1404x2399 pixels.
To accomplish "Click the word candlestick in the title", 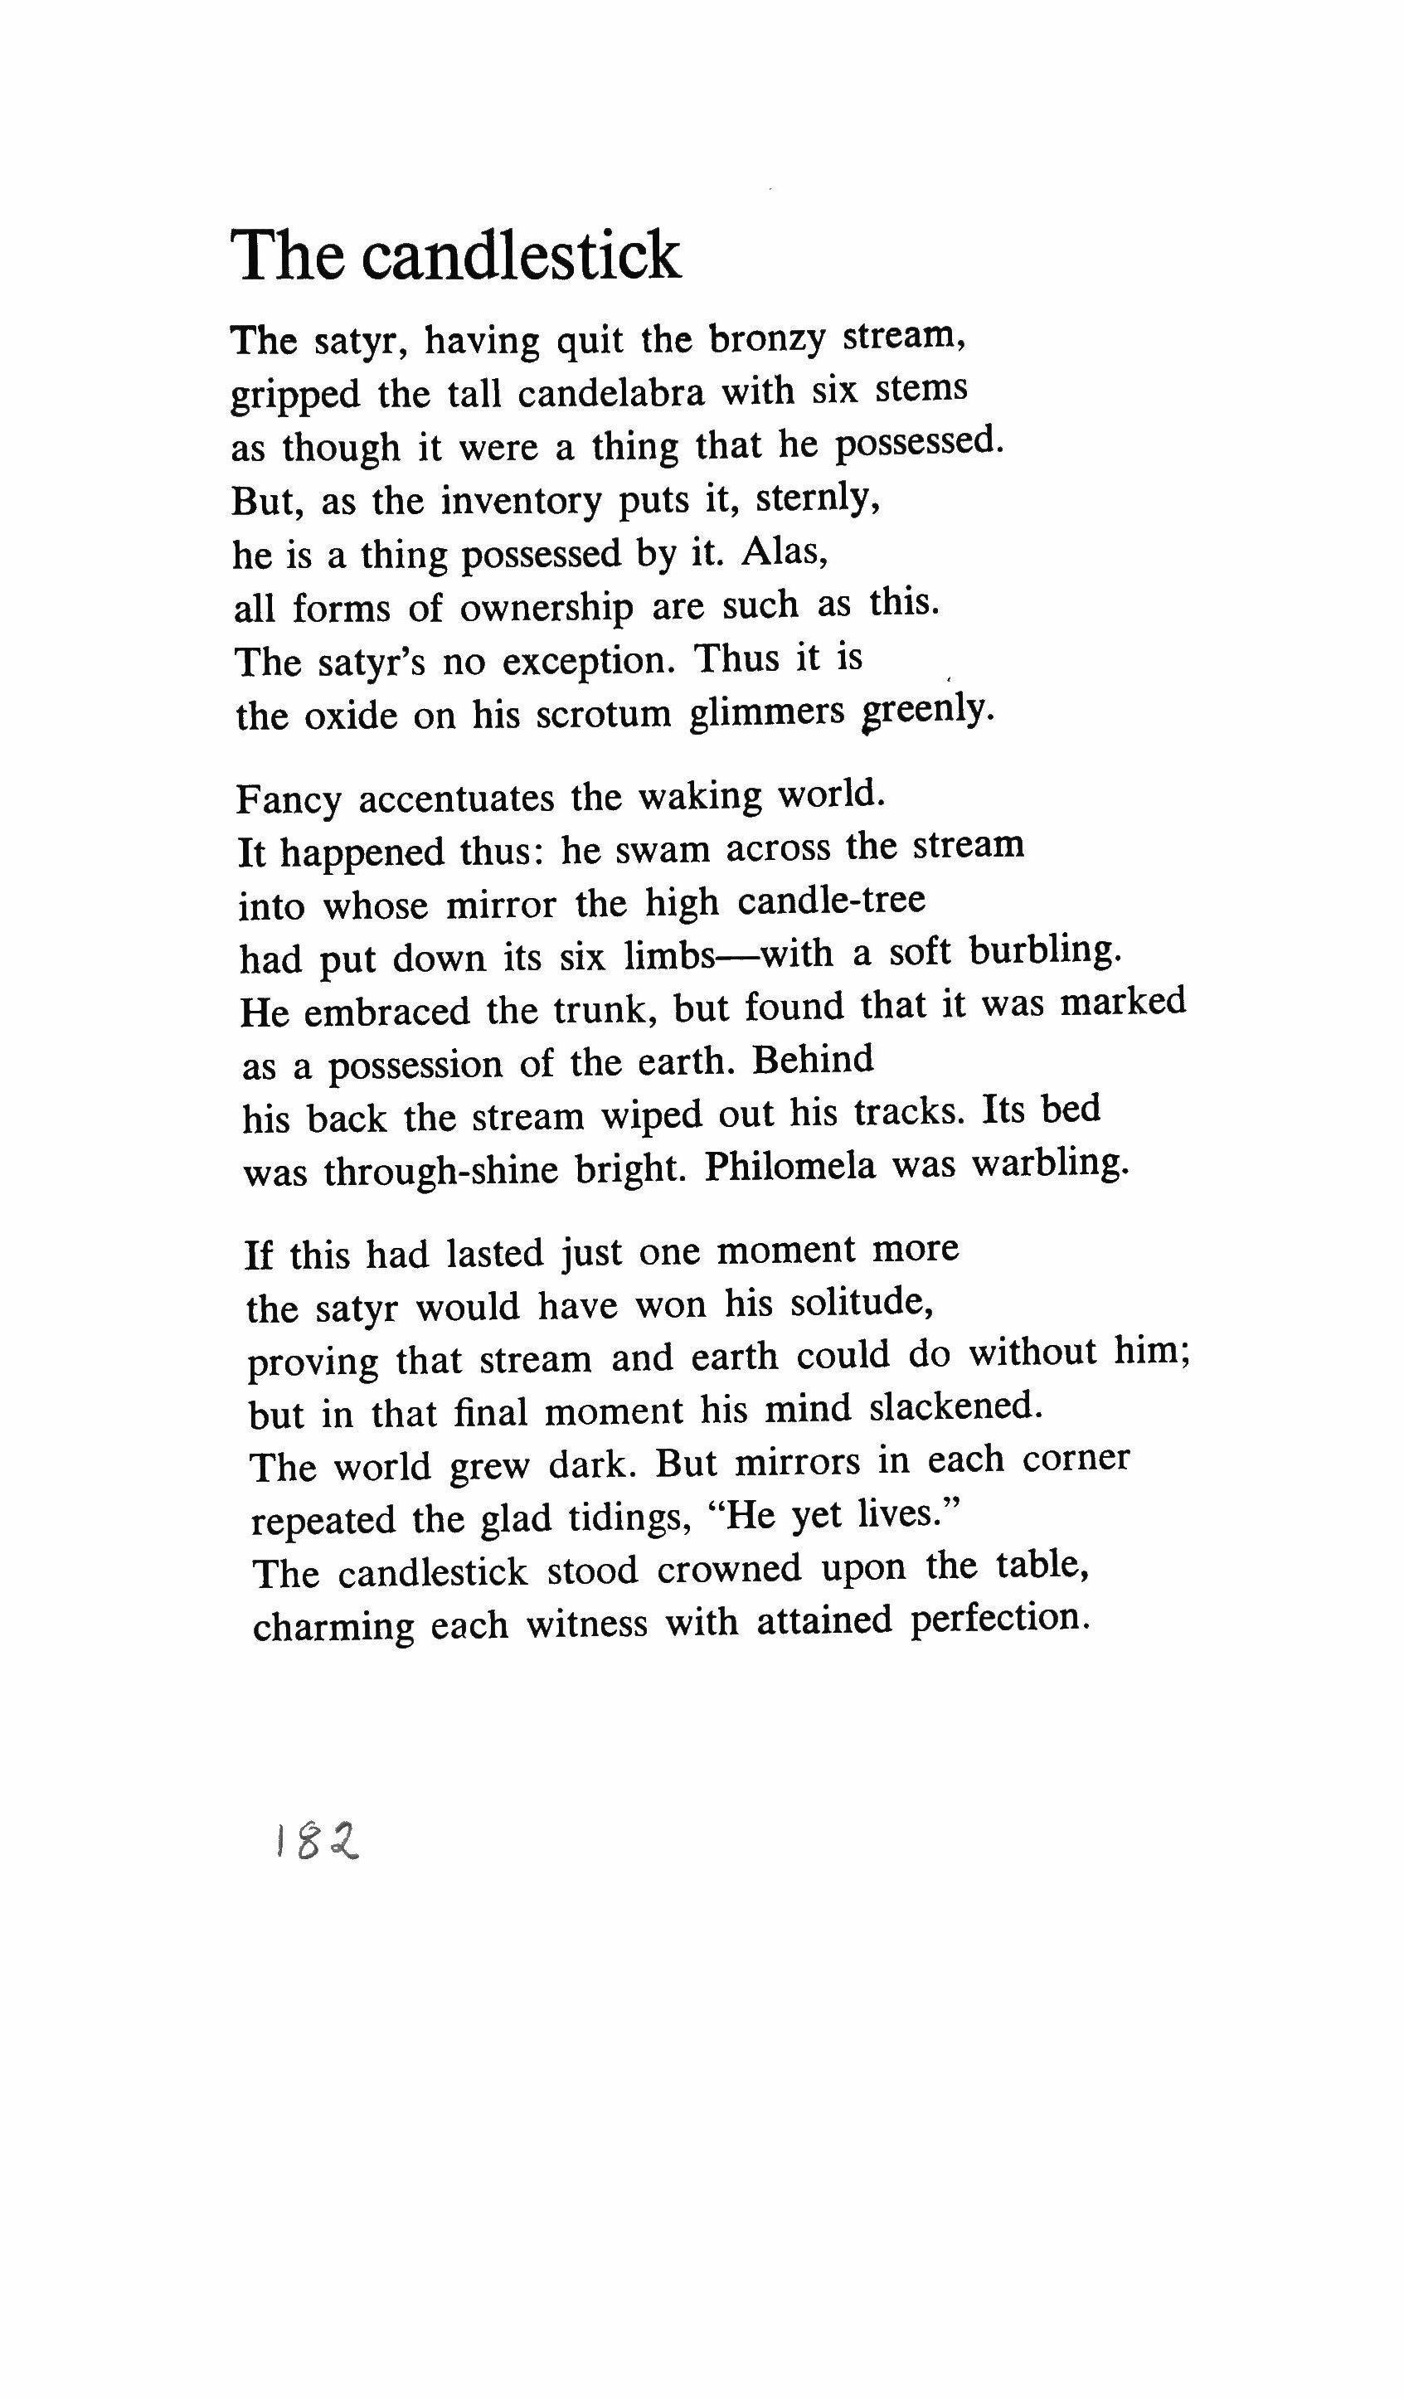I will [x=522, y=255].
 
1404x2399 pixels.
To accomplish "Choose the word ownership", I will [x=547, y=607].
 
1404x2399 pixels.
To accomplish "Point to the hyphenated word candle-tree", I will [x=831, y=900].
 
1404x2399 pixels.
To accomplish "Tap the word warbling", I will [x=1050, y=1163].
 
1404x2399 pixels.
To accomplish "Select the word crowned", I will [x=728, y=1568].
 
